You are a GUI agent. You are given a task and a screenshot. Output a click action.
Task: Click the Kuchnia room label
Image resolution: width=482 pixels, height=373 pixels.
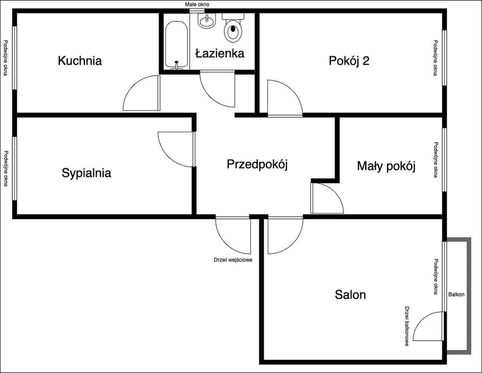(x=80, y=61)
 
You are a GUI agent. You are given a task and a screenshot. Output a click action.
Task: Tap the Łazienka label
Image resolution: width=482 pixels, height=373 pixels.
(x=220, y=54)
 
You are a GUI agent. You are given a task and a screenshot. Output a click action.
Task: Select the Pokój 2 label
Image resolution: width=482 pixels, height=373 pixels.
(x=349, y=61)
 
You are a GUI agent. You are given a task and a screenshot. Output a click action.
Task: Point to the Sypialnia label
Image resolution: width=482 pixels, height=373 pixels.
(x=86, y=173)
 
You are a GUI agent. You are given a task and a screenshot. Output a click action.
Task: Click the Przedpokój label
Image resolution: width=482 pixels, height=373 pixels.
(x=257, y=164)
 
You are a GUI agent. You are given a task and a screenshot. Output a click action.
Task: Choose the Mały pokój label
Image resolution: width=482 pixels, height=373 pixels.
(x=386, y=166)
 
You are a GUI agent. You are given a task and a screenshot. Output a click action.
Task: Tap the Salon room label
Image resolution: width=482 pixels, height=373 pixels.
(x=350, y=294)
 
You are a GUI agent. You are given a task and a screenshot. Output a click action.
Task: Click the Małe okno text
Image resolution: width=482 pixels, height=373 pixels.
(x=197, y=5)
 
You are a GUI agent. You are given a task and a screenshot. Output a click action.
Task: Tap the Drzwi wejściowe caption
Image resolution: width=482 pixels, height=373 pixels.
(x=233, y=260)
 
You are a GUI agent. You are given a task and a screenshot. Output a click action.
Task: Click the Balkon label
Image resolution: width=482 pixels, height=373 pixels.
(x=456, y=294)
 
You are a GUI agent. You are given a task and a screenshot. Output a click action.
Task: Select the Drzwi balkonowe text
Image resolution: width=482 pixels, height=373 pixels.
(x=407, y=326)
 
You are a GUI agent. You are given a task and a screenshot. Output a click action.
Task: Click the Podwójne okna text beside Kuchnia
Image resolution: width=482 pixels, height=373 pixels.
(x=5, y=57)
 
